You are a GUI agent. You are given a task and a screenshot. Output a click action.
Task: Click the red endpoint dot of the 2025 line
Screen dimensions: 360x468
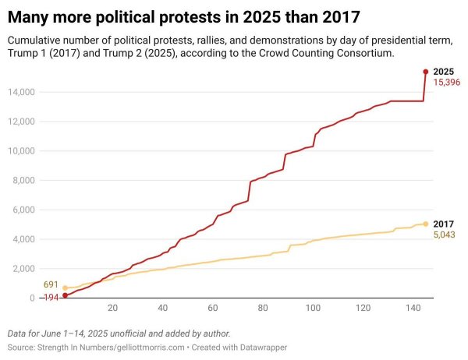pos(425,72)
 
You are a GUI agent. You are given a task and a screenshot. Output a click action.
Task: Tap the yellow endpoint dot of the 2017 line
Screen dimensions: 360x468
pos(425,224)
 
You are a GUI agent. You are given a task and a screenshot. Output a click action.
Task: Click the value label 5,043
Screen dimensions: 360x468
pos(445,235)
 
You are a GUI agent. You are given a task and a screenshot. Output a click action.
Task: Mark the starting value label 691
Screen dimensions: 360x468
pos(51,285)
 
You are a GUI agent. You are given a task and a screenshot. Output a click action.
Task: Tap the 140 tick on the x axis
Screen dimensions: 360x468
pos(413,307)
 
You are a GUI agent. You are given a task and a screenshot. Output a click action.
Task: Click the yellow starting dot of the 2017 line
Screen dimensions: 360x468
pos(66,288)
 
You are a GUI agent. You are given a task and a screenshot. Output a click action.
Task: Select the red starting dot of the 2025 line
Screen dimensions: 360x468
pos(66,295)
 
